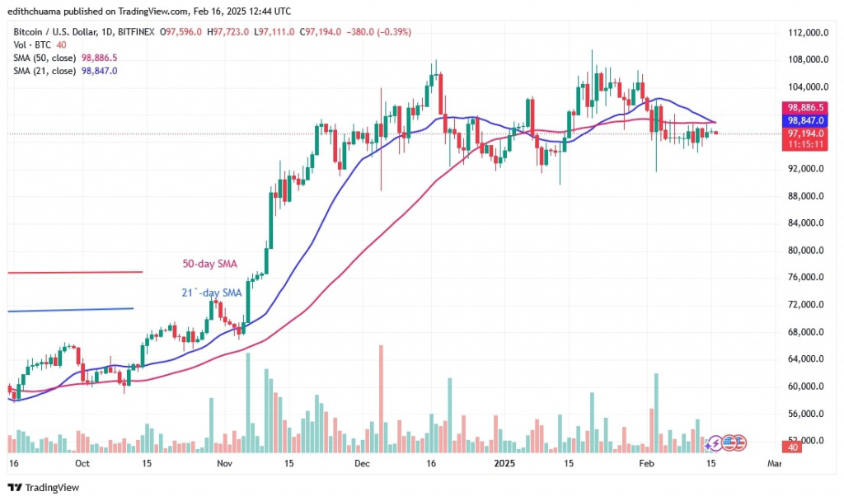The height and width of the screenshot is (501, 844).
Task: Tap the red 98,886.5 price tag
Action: [x=804, y=107]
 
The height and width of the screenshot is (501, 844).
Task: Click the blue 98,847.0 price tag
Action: [x=804, y=119]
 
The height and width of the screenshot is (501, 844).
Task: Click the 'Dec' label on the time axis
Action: [x=361, y=464]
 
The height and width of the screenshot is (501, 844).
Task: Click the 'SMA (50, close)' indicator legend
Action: [x=45, y=58]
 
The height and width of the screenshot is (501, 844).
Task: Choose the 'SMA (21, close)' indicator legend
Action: [x=45, y=71]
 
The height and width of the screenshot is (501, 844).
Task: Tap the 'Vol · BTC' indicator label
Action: [x=28, y=44]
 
